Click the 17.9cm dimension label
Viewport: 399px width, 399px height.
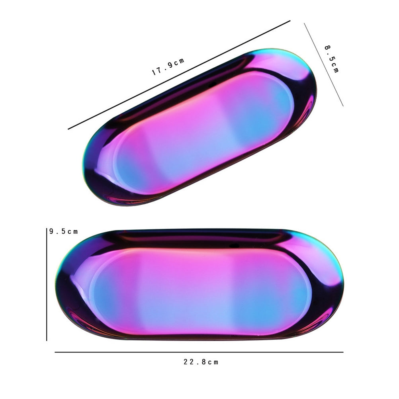[x=168, y=67]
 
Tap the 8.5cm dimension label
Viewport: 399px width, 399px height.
[x=332, y=59]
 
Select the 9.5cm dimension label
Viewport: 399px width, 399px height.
[x=63, y=231]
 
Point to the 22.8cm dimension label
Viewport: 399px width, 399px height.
[x=201, y=362]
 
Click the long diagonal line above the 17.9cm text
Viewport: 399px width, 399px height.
[x=179, y=75]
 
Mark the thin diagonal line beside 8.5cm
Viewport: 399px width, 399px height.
[x=324, y=65]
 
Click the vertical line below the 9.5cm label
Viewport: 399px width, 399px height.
[x=47, y=284]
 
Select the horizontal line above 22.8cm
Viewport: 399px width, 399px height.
[x=199, y=352]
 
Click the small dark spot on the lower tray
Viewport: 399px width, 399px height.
[x=234, y=246]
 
